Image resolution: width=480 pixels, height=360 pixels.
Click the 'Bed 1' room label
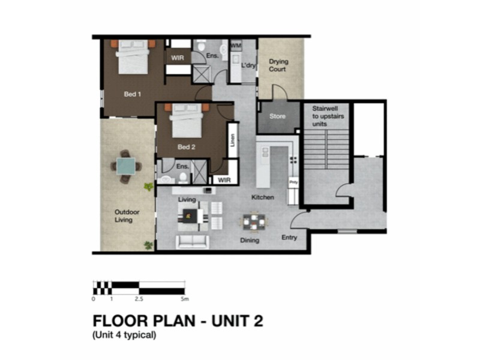(x=132, y=94)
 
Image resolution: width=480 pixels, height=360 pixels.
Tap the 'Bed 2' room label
(x=186, y=147)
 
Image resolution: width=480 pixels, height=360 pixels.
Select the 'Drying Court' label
(x=277, y=65)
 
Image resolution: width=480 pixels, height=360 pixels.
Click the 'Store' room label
(x=277, y=116)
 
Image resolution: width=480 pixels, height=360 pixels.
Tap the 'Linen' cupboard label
(x=232, y=141)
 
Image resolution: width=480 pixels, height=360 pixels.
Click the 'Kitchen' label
(x=263, y=197)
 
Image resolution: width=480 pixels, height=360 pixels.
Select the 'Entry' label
(x=289, y=238)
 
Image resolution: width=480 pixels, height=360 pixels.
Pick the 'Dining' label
(x=250, y=241)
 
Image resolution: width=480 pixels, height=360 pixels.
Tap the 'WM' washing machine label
(x=236, y=46)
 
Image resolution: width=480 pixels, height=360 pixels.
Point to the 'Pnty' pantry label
(x=293, y=181)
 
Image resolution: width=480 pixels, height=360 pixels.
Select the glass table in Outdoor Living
(x=127, y=166)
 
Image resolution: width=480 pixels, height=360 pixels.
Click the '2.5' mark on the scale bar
(x=139, y=298)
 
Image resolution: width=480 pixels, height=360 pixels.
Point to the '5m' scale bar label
(x=185, y=298)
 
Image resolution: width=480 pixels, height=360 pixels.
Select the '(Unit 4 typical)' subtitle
(x=124, y=335)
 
